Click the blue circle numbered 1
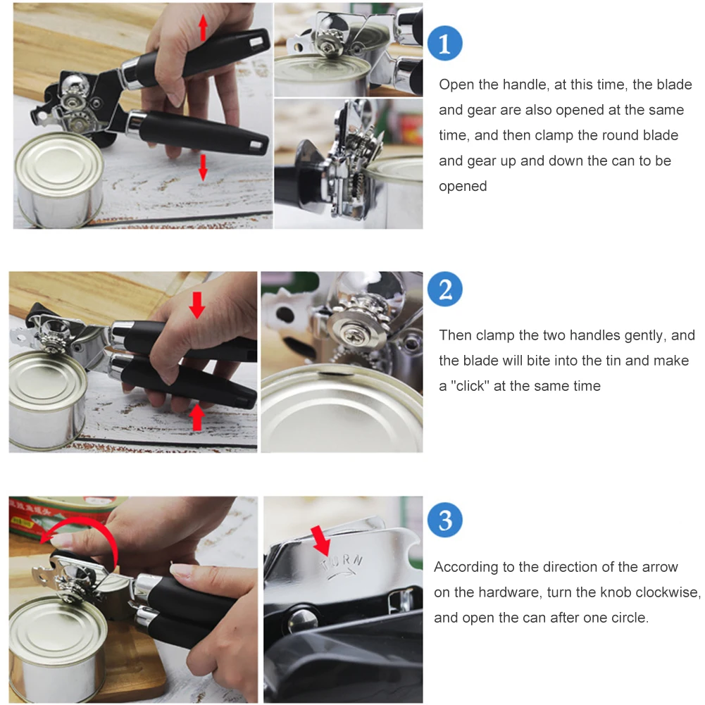444,43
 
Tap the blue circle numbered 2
444,289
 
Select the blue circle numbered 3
444,520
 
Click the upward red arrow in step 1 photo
204,27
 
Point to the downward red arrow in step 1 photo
204,167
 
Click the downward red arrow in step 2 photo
197,305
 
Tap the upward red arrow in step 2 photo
196,418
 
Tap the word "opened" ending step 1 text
463,186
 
